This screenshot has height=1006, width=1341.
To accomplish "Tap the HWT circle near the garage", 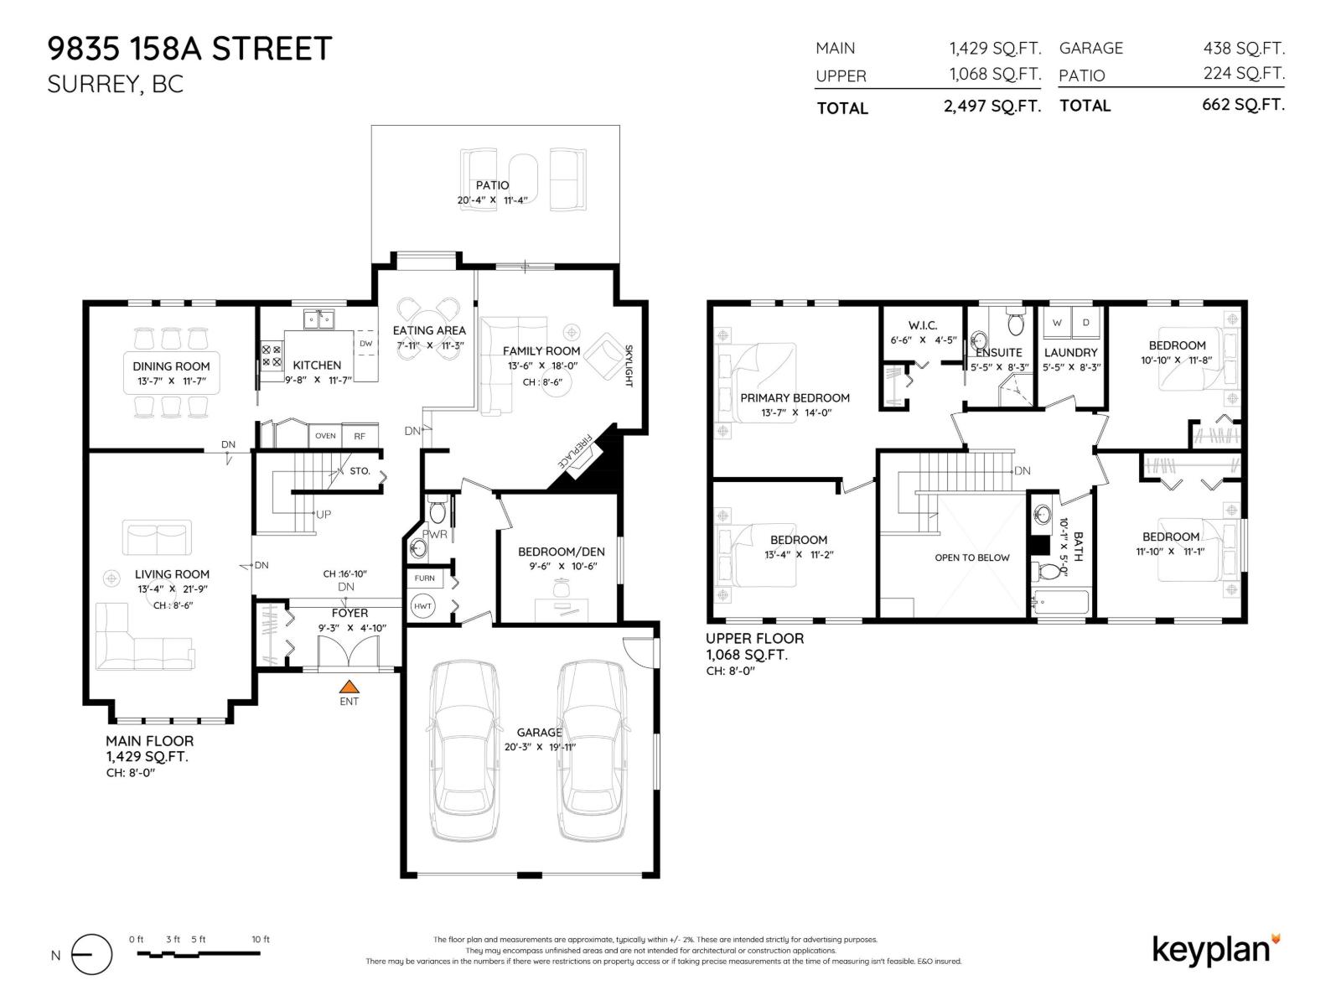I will pyautogui.click(x=422, y=606).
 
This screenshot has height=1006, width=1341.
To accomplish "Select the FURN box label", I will pyautogui.click(x=424, y=578).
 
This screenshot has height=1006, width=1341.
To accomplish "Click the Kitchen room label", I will pyautogui.click(x=317, y=365).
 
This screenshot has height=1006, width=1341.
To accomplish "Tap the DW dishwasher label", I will pyautogui.click(x=365, y=344).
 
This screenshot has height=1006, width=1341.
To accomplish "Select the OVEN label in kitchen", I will pyautogui.click(x=325, y=436).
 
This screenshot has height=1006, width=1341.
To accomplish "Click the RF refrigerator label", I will pyautogui.click(x=360, y=436).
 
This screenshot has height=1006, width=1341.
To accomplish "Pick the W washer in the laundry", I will pyautogui.click(x=1057, y=322).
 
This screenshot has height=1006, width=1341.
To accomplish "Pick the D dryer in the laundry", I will pyautogui.click(x=1086, y=322).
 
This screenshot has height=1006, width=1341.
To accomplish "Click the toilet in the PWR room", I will pyautogui.click(x=437, y=511).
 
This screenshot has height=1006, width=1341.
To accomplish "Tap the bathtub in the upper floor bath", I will pyautogui.click(x=1059, y=603).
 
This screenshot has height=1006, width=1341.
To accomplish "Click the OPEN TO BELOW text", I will pyautogui.click(x=972, y=557).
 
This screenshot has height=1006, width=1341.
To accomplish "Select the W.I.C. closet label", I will pyautogui.click(x=922, y=325).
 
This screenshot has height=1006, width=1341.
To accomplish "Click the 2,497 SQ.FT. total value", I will pyautogui.click(x=992, y=106).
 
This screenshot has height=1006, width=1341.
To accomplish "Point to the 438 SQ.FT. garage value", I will pyautogui.click(x=1244, y=49).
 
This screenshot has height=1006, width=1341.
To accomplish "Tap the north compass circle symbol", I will pyautogui.click(x=91, y=955).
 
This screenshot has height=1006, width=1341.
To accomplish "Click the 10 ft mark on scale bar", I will pyautogui.click(x=260, y=940).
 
